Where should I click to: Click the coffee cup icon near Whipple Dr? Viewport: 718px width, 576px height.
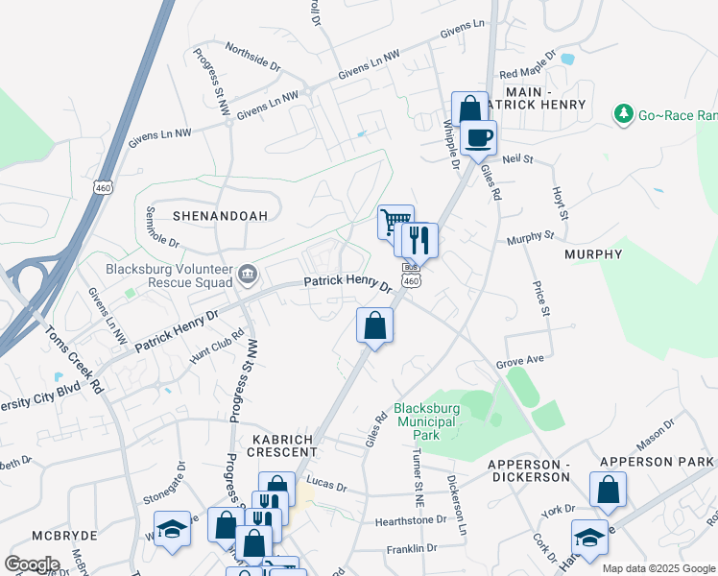(x=478, y=135)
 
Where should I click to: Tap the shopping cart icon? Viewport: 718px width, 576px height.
(x=394, y=223)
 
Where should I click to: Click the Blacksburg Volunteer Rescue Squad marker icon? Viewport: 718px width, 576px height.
(x=248, y=276)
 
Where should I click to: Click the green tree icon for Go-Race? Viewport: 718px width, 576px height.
(x=625, y=114)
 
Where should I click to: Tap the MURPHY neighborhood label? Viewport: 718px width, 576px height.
(x=593, y=254)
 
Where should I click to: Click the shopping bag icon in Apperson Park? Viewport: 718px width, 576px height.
(x=609, y=491)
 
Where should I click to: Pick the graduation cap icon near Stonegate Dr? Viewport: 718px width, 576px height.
(x=173, y=529)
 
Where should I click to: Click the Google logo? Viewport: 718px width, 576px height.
(x=32, y=564)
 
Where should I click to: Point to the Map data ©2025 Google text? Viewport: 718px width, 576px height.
(x=658, y=568)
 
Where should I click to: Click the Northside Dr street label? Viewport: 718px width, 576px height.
(x=252, y=57)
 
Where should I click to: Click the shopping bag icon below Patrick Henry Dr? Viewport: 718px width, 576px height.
(x=374, y=325)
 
